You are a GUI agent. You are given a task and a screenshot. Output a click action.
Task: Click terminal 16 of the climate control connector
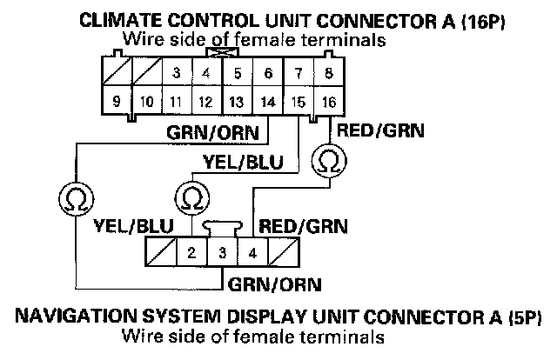click(327, 102)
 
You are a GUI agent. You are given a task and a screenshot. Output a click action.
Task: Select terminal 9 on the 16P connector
click(116, 102)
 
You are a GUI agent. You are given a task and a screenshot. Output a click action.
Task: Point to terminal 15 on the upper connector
click(298, 102)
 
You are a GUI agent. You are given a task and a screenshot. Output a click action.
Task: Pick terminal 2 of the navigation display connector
click(191, 255)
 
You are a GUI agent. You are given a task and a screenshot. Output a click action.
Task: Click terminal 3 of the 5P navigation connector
click(222, 255)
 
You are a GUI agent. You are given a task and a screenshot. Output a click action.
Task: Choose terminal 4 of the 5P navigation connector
click(252, 255)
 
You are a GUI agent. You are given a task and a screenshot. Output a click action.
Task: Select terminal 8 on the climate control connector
click(327, 74)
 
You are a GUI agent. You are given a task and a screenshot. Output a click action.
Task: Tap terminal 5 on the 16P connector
click(237, 74)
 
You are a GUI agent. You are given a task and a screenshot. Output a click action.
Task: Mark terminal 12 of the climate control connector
click(206, 102)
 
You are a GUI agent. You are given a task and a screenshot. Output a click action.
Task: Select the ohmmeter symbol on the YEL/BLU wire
click(189, 197)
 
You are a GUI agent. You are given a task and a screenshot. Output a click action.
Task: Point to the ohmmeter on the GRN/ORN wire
click(75, 197)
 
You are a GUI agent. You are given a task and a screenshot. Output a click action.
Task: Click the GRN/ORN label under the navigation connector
click(273, 284)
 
